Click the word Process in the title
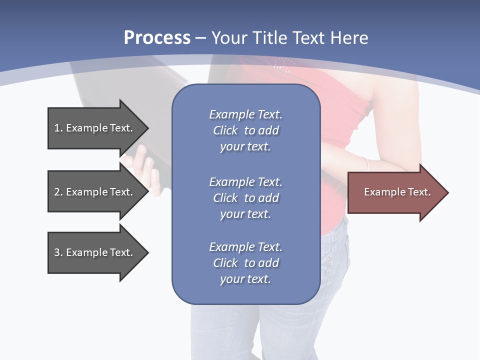click(x=157, y=38)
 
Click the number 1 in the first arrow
click(x=57, y=128)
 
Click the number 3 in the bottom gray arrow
click(x=57, y=252)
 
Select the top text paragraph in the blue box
click(x=245, y=130)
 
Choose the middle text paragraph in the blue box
click(x=245, y=198)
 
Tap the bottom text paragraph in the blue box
click(x=245, y=263)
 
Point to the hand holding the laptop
click(x=145, y=170)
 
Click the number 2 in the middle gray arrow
click(x=57, y=192)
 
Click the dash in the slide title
click(x=201, y=38)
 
